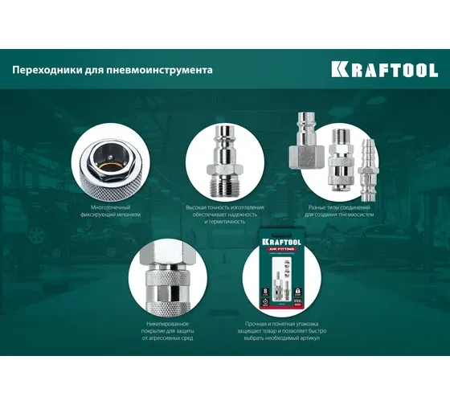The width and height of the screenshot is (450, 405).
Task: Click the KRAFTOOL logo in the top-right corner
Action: click(x=385, y=69)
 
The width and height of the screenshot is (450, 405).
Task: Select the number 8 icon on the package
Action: click(x=266, y=294)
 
